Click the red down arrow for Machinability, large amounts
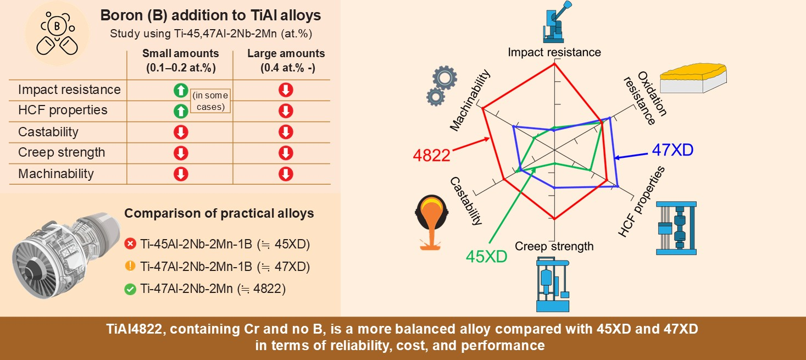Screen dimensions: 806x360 (x=286, y=174)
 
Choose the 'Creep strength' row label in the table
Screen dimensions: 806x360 (x=62, y=152)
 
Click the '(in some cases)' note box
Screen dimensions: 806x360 (x=209, y=101)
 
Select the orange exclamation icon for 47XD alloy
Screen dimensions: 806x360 (x=130, y=267)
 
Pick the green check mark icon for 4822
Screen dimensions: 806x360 (x=130, y=289)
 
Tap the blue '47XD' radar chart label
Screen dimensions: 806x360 (x=672, y=150)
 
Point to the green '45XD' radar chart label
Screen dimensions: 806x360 (x=486, y=257)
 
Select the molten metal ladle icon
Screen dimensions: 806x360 (x=431, y=223)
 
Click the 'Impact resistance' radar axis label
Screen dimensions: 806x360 (x=554, y=52)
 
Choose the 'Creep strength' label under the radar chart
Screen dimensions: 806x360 (x=554, y=246)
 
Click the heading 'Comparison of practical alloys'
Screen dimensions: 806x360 (x=219, y=213)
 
